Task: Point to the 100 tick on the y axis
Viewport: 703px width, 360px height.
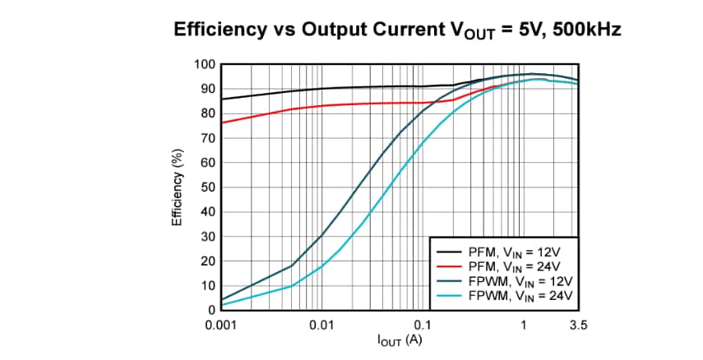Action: click(205, 64)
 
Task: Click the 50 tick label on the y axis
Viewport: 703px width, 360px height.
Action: click(208, 187)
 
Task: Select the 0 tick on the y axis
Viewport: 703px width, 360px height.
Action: click(211, 311)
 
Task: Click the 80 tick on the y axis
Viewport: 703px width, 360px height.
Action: click(208, 113)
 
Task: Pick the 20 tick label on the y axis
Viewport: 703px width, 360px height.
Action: click(208, 261)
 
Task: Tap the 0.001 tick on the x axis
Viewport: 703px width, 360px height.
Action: click(222, 325)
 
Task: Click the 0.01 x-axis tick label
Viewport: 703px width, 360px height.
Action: click(321, 325)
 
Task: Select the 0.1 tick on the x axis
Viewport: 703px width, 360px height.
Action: click(423, 325)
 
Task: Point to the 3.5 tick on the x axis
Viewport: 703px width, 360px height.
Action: click(577, 325)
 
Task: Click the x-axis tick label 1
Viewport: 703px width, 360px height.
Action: click(523, 325)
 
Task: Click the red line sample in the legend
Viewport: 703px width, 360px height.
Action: click(451, 266)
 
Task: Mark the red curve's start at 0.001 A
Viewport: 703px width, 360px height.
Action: click(223, 122)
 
